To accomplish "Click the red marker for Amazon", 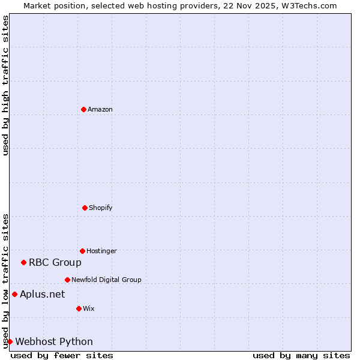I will click(x=83, y=109).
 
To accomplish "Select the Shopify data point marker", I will click(x=85, y=208).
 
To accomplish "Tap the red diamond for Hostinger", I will click(x=82, y=251).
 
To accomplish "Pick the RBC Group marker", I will click(x=23, y=262).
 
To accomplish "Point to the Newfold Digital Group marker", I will click(x=67, y=280).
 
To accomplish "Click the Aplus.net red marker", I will click(x=14, y=294).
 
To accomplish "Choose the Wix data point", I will click(x=79, y=308).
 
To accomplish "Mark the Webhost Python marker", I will click(x=10, y=341).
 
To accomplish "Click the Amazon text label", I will click(x=100, y=109).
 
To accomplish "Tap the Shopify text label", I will click(x=101, y=208).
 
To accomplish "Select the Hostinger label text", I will click(x=101, y=251).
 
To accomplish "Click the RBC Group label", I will click(x=55, y=262).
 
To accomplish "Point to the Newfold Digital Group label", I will click(x=106, y=280).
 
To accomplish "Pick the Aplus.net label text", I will click(x=42, y=294).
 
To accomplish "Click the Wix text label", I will click(x=89, y=308).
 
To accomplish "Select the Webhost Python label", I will click(x=54, y=341).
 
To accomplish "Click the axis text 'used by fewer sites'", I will click(x=62, y=355).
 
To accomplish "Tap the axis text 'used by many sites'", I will click(x=301, y=355).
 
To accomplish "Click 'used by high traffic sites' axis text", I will click(x=5, y=85).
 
